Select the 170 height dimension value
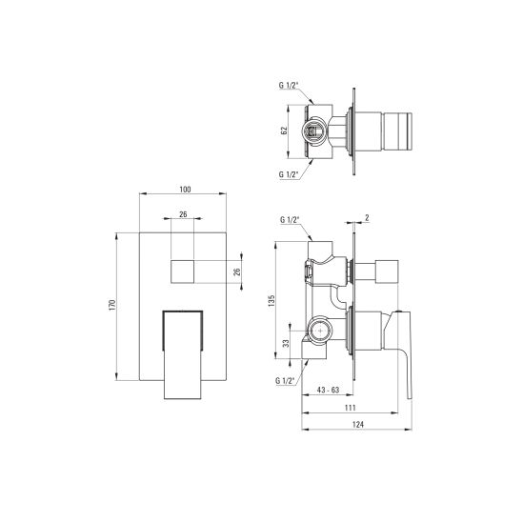coord(112,305)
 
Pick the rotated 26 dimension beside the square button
coord(238,271)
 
